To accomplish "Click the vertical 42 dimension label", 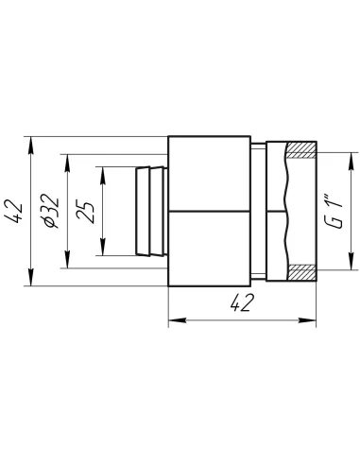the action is pos(14,211).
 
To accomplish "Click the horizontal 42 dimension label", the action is pos(242,303).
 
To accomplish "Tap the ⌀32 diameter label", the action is pos(51,211).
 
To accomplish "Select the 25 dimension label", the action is pos(85,211).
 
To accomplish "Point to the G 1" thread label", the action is pos(334,214).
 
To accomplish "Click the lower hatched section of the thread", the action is pos(302,272).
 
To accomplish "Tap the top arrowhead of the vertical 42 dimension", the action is pos(30,146).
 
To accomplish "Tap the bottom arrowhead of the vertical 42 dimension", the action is pos(30,277).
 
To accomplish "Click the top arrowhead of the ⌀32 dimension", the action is pos(67,164).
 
